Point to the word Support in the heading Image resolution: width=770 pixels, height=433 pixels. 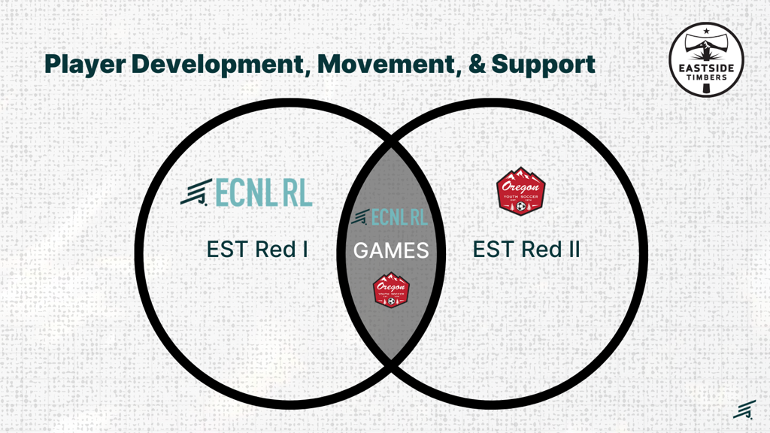543,64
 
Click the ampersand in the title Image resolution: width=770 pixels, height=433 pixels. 477,64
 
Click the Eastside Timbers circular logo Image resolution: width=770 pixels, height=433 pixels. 706,59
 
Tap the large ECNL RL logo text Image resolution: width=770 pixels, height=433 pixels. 264,193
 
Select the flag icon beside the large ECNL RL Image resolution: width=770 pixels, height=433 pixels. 196,193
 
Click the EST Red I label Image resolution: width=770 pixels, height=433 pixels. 257,249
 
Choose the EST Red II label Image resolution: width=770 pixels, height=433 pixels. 526,249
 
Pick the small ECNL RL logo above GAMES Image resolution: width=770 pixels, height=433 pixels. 390,217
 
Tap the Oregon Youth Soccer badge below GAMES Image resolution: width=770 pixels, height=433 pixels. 391,289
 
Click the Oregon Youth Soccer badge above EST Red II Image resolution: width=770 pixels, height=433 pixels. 521,191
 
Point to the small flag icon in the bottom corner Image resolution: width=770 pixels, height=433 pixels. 744,409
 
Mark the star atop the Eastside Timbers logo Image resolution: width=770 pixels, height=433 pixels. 706,31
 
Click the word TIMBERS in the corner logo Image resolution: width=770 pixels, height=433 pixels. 706,75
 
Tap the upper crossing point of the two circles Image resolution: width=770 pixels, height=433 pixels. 391,142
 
